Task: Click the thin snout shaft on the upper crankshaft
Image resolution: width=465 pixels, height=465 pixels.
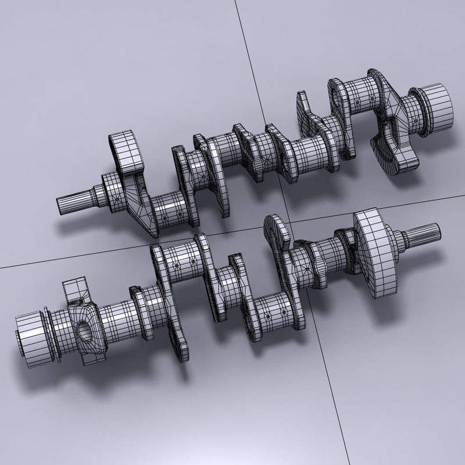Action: (x=73, y=201)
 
